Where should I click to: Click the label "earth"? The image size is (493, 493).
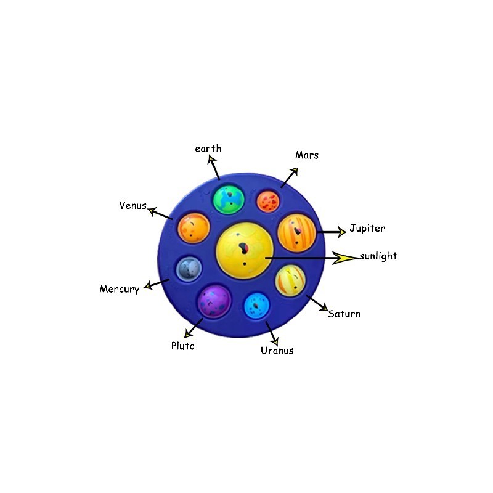pos(208,149)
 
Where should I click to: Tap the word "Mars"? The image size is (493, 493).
pos(307,155)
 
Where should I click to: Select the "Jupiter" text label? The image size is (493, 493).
pos(367,229)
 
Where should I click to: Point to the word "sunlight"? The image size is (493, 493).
pos(378,256)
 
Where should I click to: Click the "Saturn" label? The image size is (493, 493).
pos(344,314)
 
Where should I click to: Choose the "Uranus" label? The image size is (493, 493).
pos(277,351)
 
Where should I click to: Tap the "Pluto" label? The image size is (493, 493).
pos(182,346)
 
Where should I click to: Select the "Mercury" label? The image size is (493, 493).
pos(120,289)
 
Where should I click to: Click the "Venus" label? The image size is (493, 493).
pos(133,205)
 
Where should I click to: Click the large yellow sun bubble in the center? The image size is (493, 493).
pos(245,251)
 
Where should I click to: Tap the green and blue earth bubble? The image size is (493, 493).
pos(229,200)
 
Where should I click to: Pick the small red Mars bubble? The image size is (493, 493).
pos(268,202)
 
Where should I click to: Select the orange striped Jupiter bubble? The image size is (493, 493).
pos(296,233)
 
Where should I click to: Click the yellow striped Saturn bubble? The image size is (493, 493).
pos(290,280)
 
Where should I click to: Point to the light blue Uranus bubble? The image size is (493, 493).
pos(256,306)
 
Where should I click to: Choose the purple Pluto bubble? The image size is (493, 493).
pos(214,301)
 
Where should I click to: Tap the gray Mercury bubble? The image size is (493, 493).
pos(189,269)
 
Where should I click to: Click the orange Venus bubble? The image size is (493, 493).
pos(194,228)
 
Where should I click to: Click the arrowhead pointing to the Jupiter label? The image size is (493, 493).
pos(341,232)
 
